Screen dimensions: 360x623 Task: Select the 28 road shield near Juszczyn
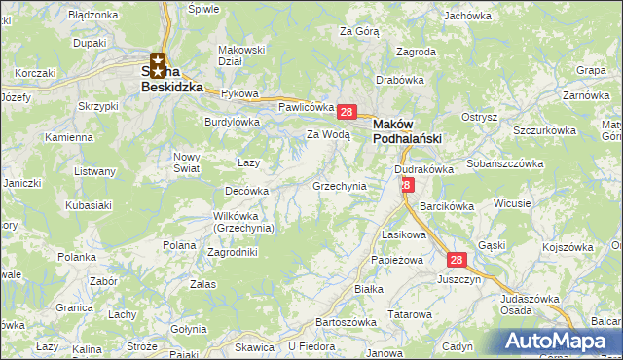[x=458, y=260]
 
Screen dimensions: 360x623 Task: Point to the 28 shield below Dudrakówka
[x=407, y=183]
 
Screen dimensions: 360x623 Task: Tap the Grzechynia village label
[x=339, y=185]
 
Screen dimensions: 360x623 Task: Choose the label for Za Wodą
[x=328, y=135]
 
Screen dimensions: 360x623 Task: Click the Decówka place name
[x=246, y=192]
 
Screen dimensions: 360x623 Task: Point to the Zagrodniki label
[x=234, y=251]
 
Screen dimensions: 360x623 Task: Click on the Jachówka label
[x=467, y=16]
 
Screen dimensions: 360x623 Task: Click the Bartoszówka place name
[x=347, y=321]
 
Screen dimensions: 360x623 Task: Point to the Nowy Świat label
[x=186, y=162]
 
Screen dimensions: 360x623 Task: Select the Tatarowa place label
[x=410, y=314]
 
